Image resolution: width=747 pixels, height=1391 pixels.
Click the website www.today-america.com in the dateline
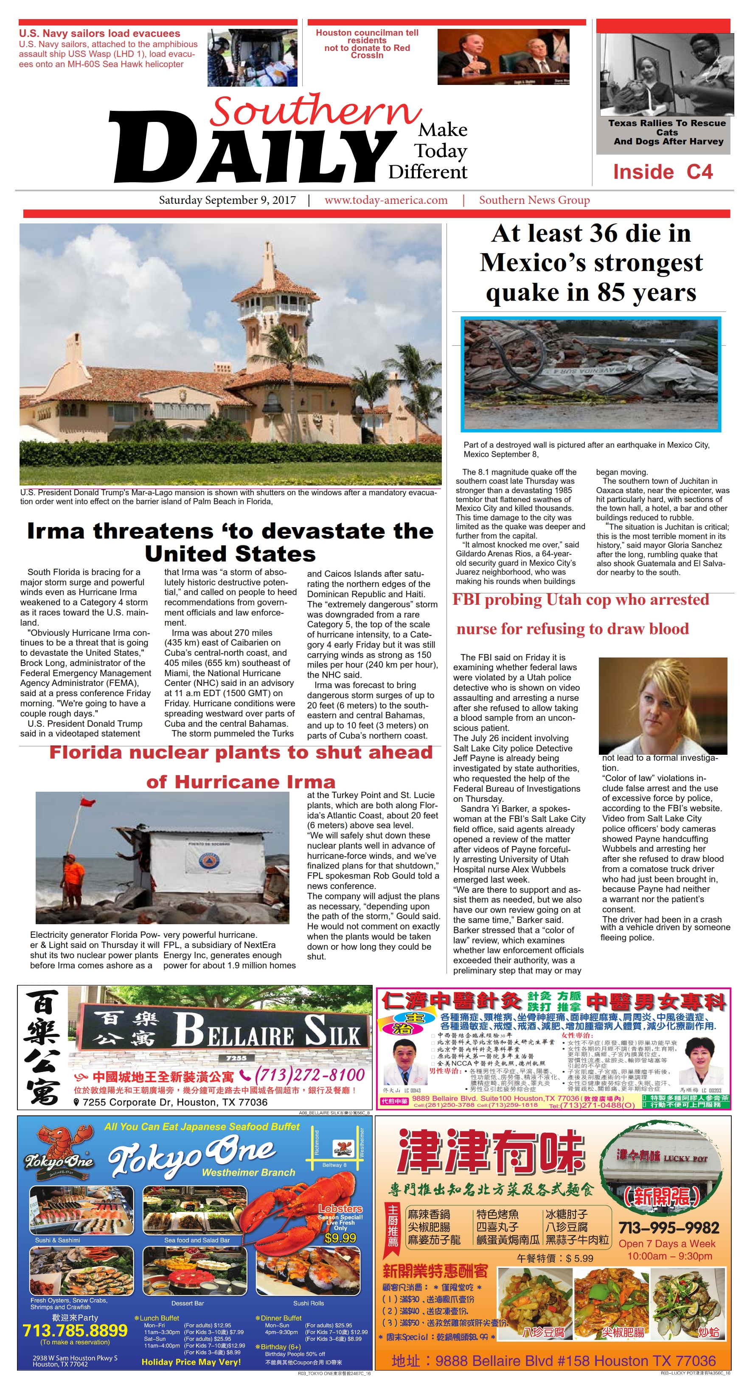386,200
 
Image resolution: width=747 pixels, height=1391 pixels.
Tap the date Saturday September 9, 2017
227,200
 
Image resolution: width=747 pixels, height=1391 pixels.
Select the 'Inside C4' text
663,172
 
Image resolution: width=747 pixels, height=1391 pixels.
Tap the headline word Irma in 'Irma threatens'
56,531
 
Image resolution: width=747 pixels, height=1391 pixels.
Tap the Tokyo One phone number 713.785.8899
75,1330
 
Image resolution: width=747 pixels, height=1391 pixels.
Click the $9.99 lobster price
340,1238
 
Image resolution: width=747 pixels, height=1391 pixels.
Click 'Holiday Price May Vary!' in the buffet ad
191,1362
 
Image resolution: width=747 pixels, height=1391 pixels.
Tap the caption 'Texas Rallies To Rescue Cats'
667,127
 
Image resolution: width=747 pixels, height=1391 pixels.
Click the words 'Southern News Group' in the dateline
534,200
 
